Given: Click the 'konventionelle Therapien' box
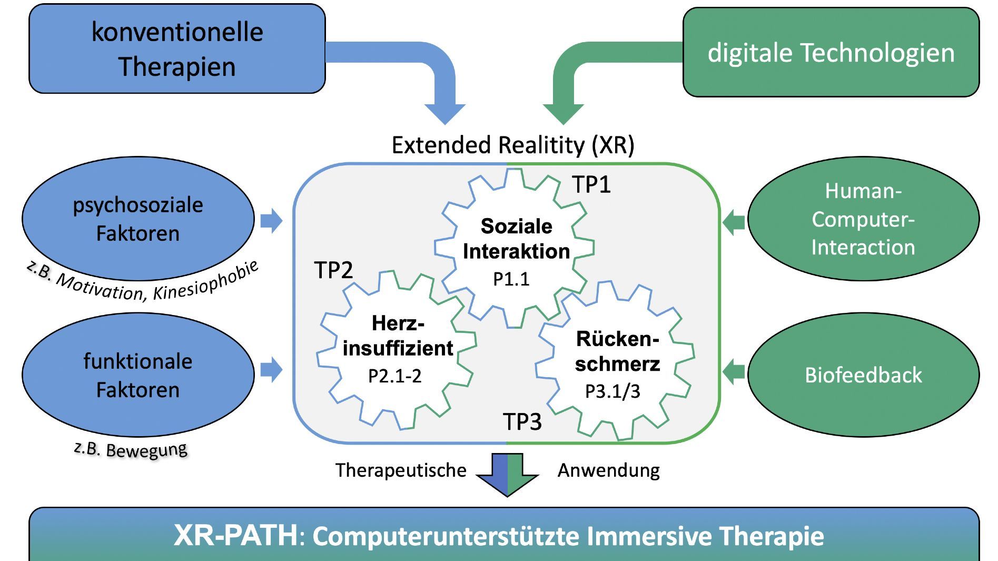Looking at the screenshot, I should coord(177,49).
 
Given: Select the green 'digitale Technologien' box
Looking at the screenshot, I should coord(831,52).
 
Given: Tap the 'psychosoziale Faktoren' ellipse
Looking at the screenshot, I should coord(138,219).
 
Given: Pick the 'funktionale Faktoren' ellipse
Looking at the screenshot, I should coord(138,375).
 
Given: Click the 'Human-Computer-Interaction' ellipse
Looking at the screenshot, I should coord(863,219).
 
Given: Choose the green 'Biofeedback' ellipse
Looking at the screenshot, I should coord(863,375).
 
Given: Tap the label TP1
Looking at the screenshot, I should coord(591,184).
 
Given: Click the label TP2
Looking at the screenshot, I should coord(333,270).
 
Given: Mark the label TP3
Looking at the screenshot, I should coord(522,422).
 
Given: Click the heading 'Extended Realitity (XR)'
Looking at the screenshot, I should coord(512,145).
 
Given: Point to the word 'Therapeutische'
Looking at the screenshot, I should coord(401,470).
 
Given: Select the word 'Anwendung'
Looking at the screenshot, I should coord(608,470).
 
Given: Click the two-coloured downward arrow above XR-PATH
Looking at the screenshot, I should coord(507,474).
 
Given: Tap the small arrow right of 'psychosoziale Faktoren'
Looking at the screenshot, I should coord(271,220).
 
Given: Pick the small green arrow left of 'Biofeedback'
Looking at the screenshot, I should coord(733,372).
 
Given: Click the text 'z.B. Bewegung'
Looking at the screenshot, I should coord(131,449).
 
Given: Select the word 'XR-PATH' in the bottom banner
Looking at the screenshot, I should coord(235,535).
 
